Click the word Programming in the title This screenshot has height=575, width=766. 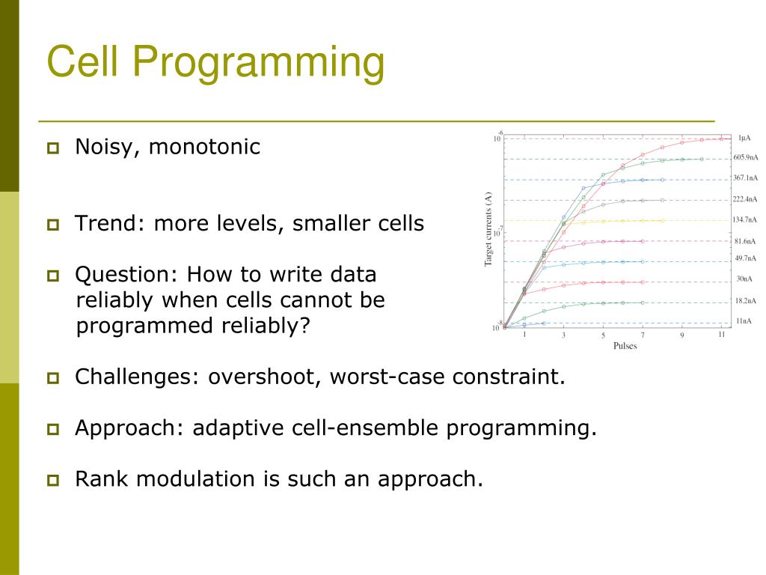coord(258,63)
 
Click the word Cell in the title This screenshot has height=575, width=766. coord(82,61)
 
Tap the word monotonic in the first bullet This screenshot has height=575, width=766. coord(204,147)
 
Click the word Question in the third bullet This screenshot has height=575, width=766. coord(126,275)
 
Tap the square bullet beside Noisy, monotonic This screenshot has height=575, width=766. coord(53,147)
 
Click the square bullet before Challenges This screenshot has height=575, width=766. coord(53,378)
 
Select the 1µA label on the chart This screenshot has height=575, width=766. coord(744,139)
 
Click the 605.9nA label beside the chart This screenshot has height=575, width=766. coord(746,157)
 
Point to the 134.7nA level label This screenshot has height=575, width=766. coord(744,220)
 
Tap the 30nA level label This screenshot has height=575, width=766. coord(744,279)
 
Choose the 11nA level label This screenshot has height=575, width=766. coord(744,321)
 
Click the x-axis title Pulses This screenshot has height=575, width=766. coord(625,346)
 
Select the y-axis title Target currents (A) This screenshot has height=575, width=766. coord(488,229)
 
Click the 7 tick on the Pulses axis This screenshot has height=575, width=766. coord(643,335)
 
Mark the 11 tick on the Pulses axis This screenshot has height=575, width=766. coord(721,335)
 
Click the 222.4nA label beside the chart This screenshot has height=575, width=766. coord(744,199)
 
